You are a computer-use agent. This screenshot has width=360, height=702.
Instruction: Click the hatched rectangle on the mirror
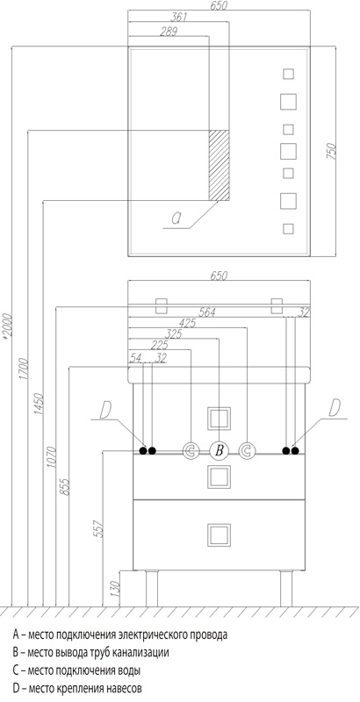219,165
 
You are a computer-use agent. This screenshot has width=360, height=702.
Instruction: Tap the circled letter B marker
219,450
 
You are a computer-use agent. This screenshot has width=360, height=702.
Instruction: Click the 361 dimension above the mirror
178,18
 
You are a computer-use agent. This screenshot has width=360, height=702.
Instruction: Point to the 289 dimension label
169,32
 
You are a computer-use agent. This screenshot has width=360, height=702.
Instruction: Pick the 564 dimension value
207,312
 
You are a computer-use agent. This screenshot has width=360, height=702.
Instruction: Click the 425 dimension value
187,323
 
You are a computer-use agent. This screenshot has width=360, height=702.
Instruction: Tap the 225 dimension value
160,345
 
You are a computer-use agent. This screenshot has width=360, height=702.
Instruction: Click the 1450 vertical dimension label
39,404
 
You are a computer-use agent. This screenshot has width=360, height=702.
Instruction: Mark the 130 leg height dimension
115,588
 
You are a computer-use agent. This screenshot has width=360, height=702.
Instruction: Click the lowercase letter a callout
176,218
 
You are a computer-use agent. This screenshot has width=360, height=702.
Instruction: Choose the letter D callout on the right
335,408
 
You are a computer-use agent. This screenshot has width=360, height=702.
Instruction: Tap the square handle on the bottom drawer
219,535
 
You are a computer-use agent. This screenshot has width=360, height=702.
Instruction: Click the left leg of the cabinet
152,589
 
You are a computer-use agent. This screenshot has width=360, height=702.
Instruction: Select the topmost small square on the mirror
288,74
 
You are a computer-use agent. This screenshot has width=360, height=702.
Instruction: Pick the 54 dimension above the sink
134,358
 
